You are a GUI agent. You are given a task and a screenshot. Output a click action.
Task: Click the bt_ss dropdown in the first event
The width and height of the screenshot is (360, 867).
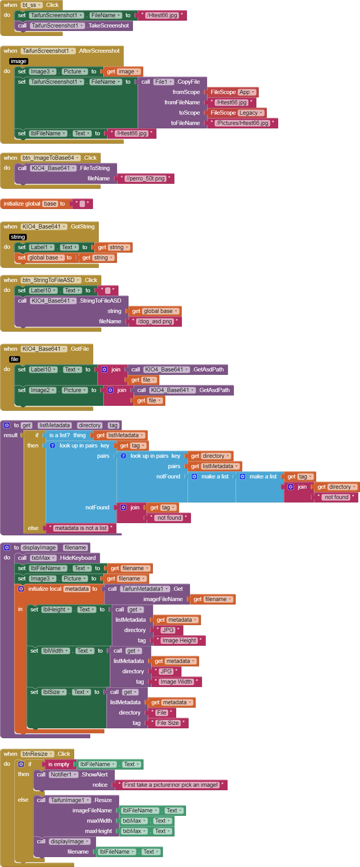[x=32, y=5]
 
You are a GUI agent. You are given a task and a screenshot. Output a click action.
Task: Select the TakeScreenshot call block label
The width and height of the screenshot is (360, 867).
[x=109, y=26]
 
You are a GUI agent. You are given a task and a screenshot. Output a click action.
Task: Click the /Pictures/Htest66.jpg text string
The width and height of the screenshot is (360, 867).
[x=242, y=123]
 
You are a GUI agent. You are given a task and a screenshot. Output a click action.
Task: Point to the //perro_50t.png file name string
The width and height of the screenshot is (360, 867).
[x=145, y=178]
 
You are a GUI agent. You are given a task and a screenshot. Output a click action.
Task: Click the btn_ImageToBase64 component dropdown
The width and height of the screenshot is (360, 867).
[x=51, y=158]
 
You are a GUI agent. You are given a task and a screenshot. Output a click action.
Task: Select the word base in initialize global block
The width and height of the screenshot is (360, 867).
[x=50, y=204]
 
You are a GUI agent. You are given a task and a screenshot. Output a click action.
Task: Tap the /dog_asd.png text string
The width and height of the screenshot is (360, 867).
[x=155, y=321]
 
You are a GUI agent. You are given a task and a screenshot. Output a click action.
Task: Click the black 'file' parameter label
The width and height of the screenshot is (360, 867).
[x=15, y=359]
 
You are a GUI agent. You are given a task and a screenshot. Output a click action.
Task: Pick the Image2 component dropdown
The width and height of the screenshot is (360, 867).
[x=43, y=390]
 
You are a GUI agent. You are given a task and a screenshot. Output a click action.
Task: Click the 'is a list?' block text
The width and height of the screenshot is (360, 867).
[x=59, y=435]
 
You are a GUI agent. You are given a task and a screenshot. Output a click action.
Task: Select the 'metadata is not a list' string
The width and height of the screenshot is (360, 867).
[x=81, y=528]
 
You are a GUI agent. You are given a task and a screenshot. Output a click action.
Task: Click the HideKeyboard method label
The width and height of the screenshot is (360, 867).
[x=78, y=558]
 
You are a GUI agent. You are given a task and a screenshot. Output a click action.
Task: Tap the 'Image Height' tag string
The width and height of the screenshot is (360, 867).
[x=179, y=640]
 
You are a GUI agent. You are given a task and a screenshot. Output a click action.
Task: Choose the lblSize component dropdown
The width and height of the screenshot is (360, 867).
[x=54, y=692]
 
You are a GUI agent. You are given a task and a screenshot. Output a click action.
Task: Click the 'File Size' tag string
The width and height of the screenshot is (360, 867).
[x=168, y=723]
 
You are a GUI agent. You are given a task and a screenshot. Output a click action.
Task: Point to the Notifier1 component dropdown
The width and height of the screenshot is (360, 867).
[x=64, y=775]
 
